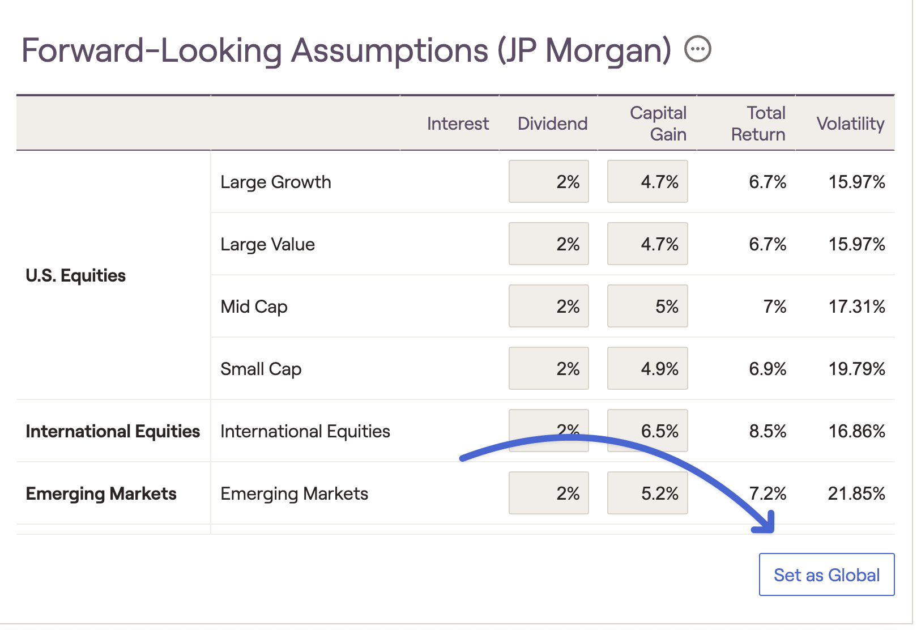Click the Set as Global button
coord(826,574)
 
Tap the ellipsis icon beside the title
coord(697,49)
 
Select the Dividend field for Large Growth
coord(548,182)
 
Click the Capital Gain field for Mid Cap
coord(647,307)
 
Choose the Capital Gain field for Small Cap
coord(647,369)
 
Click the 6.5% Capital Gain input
coord(647,431)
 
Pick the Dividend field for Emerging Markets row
coord(548,493)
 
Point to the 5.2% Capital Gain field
coord(647,493)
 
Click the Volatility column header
coord(850,124)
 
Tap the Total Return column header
coord(758,124)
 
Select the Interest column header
coord(458,124)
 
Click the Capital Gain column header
coord(658,124)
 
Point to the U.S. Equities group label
coord(76,276)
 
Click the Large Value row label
coord(267,244)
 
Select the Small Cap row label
coord(261,369)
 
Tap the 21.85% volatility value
coord(856,493)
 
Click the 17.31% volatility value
coord(856,307)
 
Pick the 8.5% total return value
coord(767,431)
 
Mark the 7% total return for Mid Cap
coord(774,307)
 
